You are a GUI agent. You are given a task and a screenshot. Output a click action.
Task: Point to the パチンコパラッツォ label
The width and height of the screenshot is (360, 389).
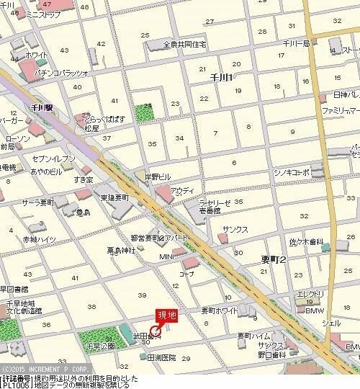point(61,73)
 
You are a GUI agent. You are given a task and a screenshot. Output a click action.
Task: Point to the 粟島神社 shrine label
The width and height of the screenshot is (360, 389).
point(121,251)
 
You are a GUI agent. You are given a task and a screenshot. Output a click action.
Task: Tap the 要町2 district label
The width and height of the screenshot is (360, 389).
point(274,260)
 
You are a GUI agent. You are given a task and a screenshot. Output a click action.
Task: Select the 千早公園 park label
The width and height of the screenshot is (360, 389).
point(101,346)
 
